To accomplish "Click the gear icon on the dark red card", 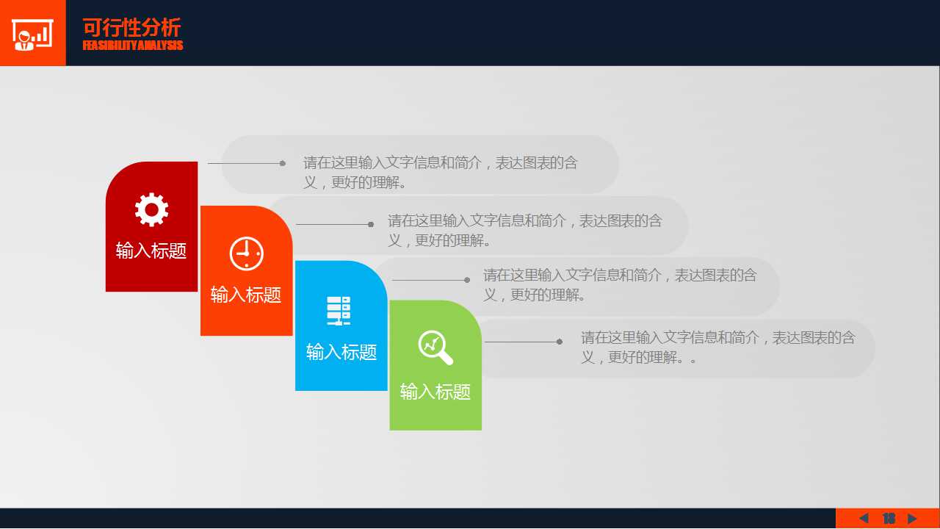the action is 151,209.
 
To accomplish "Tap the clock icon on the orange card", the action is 246,253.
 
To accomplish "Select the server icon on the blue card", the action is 339,311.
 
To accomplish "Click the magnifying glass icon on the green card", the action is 435,348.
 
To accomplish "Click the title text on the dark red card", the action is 151,251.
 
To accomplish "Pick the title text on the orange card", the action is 246,295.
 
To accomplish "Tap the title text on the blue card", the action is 341,352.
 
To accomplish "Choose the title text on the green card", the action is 435,392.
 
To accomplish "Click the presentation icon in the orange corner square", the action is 32,35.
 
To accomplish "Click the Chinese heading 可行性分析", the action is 131,28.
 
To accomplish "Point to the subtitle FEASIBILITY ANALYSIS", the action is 133,46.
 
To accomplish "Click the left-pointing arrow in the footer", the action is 864,518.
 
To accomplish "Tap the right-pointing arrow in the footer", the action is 912,518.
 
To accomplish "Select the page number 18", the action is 889,519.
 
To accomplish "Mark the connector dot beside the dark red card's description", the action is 283,163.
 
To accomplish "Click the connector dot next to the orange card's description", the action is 371,225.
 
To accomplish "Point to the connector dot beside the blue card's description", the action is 467,280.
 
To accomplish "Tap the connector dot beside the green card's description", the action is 560,342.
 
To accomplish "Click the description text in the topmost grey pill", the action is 441,173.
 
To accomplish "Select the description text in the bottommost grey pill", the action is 718,348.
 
